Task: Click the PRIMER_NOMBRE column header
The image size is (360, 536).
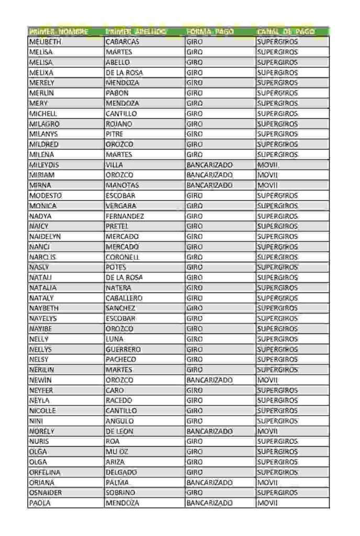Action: coord(59,32)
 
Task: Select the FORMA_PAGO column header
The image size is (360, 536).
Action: coord(210,32)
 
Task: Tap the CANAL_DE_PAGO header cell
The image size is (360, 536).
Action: coord(286,32)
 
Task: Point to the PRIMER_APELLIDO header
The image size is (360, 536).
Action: coord(136,32)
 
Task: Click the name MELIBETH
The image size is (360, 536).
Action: coord(45,42)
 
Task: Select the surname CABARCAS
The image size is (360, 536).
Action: coord(122,42)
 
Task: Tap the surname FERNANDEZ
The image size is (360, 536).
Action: coord(125,216)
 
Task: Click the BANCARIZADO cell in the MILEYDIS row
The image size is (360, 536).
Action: coord(209,165)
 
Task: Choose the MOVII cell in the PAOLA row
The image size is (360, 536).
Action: coord(267,503)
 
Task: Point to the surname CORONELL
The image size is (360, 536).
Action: coord(122,257)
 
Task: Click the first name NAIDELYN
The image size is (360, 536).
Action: coord(45,237)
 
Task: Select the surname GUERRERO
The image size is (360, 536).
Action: coord(123,349)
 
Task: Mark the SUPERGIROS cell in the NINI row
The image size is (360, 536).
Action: coord(277,421)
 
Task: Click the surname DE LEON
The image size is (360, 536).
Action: coord(119,431)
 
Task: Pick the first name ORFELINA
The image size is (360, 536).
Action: coord(45,472)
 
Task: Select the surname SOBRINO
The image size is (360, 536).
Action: coord(120,493)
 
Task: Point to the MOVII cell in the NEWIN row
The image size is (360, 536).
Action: coord(267,380)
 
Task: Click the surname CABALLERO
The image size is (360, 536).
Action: coord(124,298)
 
